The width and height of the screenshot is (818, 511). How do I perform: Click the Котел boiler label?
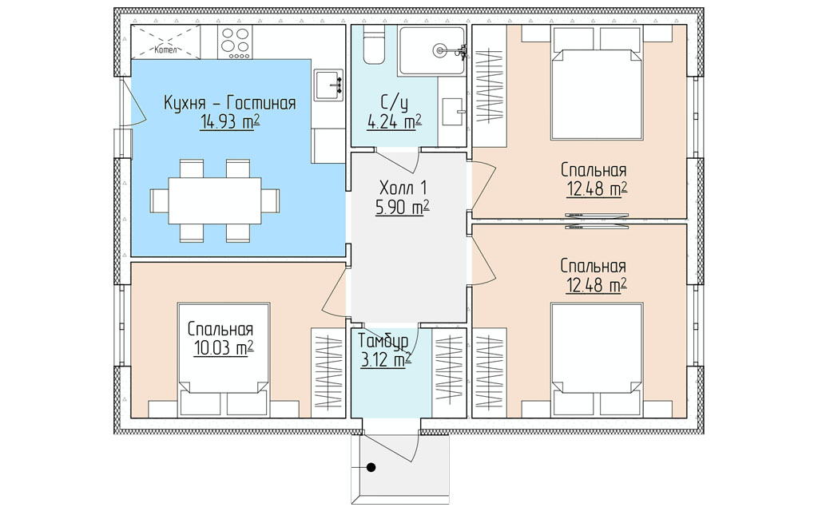[166, 50]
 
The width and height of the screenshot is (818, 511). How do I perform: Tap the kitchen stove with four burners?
[236, 42]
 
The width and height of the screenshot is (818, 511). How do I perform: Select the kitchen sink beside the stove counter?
[328, 85]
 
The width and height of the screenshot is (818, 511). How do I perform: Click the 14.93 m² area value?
[229, 122]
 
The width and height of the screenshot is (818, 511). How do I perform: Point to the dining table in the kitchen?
[214, 200]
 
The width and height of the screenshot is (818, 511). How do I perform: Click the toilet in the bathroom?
[374, 45]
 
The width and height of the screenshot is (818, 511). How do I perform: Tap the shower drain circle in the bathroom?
[439, 50]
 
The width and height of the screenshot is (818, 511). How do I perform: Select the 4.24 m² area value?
[394, 122]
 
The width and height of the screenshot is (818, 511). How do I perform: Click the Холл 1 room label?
[403, 187]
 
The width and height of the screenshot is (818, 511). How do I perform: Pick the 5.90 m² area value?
[402, 208]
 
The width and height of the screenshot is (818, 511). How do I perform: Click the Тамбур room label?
[383, 341]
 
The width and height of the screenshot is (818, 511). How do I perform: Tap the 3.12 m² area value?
[386, 360]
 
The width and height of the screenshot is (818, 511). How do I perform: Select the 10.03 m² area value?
[224, 348]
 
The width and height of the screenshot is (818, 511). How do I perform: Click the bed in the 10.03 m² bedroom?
[224, 360]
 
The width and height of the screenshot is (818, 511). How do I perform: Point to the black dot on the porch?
[371, 468]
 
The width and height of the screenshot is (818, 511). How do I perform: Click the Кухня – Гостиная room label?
[230, 103]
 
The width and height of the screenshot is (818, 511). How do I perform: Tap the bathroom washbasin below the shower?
[453, 112]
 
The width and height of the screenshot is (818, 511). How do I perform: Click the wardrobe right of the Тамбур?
[449, 372]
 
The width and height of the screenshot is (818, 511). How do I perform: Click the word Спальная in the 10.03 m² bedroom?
[220, 330]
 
